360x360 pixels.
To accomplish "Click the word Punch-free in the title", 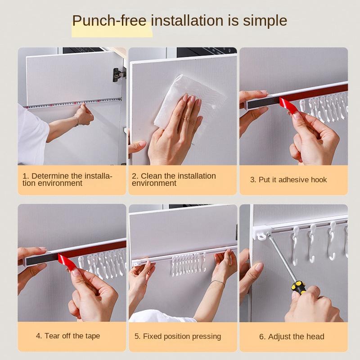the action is tap(109, 21).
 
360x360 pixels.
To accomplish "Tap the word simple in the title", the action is tap(265, 21).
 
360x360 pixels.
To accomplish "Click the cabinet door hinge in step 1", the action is tap(119, 75).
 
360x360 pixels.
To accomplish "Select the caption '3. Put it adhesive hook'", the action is tap(288, 180).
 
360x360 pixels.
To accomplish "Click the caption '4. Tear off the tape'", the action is tap(68, 336).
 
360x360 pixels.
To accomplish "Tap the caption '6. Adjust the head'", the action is tap(292, 337).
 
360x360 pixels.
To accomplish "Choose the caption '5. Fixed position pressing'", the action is tap(178, 336).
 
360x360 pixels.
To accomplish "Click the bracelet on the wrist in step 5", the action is tap(217, 283).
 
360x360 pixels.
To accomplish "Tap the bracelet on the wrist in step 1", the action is tap(77, 121).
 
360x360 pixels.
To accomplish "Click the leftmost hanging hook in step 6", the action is tap(296, 245).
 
